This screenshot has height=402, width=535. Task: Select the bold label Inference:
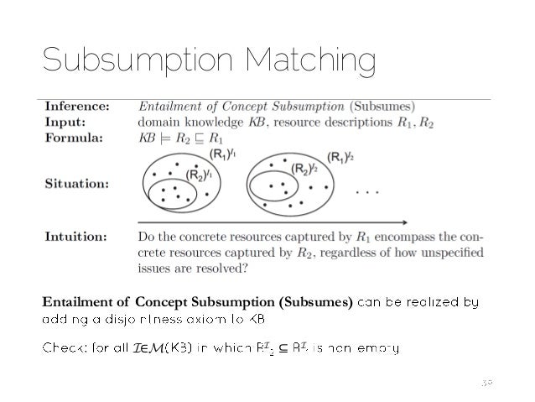(75, 107)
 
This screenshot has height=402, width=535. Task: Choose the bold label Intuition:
(75, 238)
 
